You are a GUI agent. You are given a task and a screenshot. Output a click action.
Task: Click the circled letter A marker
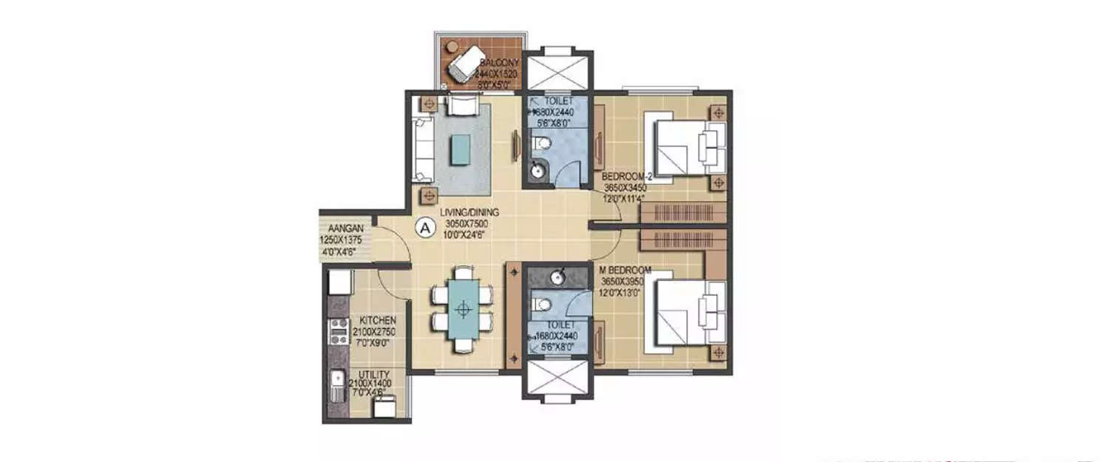point(425,228)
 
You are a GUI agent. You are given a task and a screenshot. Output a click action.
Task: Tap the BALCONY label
point(498,63)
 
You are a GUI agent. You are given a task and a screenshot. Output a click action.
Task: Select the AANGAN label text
point(341,229)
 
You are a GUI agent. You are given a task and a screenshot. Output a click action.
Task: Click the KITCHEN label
point(378,320)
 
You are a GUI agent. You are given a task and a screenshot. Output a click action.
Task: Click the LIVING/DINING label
point(469,212)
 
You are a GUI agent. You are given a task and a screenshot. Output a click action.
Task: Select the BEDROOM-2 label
point(625,177)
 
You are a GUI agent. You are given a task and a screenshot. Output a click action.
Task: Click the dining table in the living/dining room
point(463,309)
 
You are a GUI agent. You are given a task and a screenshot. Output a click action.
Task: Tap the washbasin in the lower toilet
point(560,276)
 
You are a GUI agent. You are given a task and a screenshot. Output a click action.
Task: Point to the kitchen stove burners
point(339,330)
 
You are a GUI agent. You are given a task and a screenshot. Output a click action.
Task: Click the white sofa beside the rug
point(424,149)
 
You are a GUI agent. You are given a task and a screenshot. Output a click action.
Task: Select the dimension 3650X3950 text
point(625,281)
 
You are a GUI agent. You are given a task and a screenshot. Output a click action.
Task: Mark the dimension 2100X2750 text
point(378,332)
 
